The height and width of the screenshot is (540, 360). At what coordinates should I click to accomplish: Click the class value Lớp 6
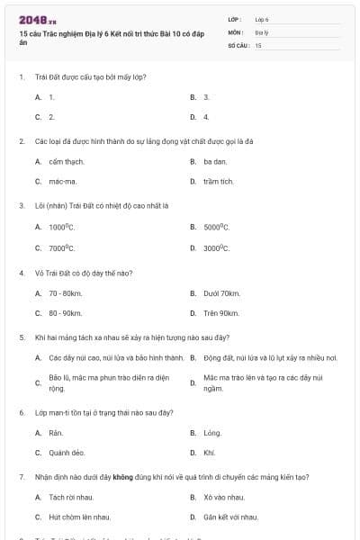coord(262,19)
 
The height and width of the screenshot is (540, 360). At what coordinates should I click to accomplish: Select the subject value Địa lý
coord(262,31)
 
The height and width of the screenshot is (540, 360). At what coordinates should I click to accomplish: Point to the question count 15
coord(258,44)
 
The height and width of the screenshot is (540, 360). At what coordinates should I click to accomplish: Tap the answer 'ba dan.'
coord(214,161)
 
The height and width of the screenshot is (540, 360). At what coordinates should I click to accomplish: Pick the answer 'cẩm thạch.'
coord(67,161)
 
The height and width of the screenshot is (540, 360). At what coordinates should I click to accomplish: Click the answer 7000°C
coord(61,247)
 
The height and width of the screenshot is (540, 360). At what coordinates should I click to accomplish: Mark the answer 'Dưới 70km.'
coord(221,293)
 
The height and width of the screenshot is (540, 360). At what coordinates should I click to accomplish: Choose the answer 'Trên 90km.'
coord(221,313)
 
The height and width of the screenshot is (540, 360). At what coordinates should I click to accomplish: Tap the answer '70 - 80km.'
coord(66,293)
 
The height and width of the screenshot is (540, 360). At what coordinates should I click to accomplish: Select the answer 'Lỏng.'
coord(212,433)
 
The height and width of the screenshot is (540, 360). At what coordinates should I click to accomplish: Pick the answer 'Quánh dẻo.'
coord(67,453)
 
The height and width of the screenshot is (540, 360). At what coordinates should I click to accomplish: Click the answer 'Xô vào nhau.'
coord(223,497)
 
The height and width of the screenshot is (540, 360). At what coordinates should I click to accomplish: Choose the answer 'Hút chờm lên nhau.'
coord(80,517)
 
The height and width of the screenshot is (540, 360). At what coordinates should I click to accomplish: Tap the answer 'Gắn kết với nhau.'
coord(230,517)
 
